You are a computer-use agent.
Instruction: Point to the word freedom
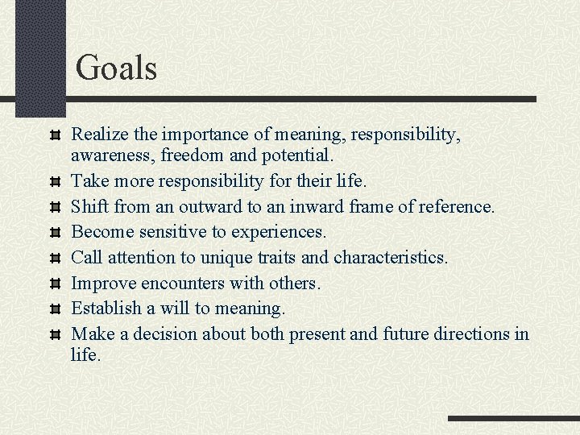pos(206,154)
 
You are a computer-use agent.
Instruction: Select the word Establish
pos(104,309)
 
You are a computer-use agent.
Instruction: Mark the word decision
pos(166,333)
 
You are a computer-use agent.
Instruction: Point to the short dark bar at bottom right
pos(513,418)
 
